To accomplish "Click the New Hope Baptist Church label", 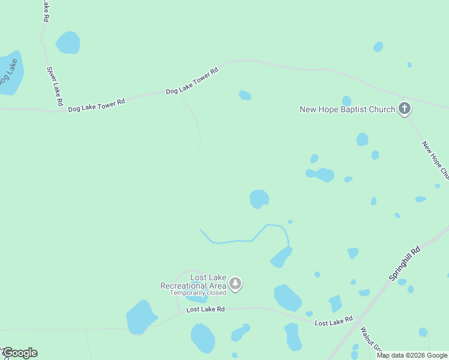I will [x=348, y=109].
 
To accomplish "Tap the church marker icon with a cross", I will [x=405, y=109].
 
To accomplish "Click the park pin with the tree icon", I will [x=236, y=284].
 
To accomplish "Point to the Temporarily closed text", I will [x=198, y=293].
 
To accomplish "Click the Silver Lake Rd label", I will [x=55, y=86].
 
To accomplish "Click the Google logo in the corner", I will [x=19, y=353].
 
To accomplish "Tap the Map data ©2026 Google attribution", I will [x=412, y=355].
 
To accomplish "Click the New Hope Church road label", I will [x=435, y=160].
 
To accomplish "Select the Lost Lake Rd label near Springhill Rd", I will [x=334, y=322].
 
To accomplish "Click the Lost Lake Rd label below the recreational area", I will [x=205, y=310].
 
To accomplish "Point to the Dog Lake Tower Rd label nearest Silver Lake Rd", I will [x=96, y=106].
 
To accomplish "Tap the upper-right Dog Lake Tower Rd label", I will [x=191, y=81].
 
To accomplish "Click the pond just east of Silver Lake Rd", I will [x=68, y=42].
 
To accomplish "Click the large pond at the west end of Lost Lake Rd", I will [x=140, y=316].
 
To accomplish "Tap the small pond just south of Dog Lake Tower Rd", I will [x=245, y=95].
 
